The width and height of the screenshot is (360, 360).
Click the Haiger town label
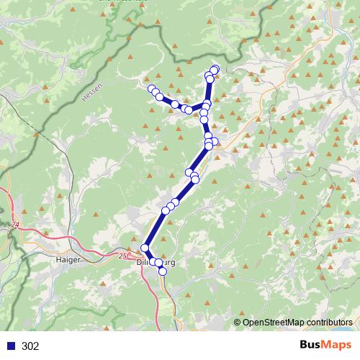(x=67, y=257)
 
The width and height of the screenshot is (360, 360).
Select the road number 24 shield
(x=15, y=225)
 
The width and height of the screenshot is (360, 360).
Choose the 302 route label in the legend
(x=31, y=346)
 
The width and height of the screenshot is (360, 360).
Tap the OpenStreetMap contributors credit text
(x=297, y=323)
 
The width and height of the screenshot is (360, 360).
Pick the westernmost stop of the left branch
(x=151, y=89)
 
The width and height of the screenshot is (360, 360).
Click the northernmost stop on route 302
(x=215, y=69)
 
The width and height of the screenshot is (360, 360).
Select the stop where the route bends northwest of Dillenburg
(x=145, y=248)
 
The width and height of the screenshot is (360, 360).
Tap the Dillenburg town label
(x=156, y=263)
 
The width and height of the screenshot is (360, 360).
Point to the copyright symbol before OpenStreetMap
(x=238, y=323)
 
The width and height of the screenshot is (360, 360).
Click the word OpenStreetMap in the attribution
(x=272, y=323)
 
